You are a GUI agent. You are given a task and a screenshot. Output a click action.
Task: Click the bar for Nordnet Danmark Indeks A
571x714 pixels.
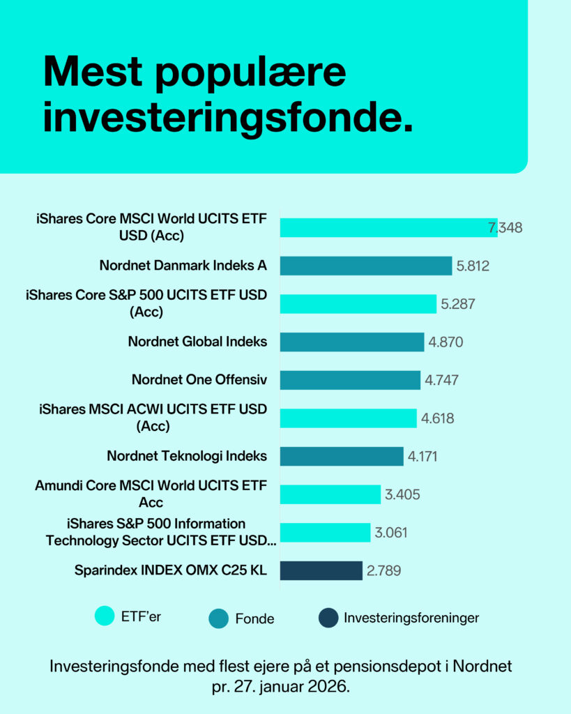(x=366, y=266)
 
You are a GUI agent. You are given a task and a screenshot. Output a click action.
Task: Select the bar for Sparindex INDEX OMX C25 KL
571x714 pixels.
(x=321, y=570)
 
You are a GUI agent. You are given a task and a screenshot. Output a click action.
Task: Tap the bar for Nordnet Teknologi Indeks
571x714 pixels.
(x=342, y=456)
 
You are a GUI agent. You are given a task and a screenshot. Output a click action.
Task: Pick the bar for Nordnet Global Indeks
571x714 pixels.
(x=352, y=342)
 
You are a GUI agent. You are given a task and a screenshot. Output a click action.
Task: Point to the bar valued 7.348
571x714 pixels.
(x=389, y=228)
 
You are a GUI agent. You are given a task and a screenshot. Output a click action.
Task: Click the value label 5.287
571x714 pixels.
(x=457, y=304)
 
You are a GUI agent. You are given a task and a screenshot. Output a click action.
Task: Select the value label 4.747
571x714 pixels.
(x=441, y=380)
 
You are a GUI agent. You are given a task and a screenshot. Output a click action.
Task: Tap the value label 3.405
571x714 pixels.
(x=402, y=494)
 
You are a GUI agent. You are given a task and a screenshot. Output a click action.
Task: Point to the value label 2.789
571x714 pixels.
(x=383, y=570)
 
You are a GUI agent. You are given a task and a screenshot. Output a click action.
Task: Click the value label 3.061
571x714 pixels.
(x=390, y=533)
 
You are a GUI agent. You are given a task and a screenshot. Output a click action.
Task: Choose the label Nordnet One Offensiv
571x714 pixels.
(x=199, y=380)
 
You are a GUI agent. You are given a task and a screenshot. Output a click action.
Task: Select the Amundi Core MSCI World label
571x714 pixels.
(x=151, y=494)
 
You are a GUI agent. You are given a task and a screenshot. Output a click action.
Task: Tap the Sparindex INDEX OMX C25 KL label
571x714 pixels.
(x=170, y=570)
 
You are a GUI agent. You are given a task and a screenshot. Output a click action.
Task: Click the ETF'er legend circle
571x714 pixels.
(x=105, y=616)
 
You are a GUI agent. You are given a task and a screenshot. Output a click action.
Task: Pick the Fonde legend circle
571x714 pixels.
(x=218, y=618)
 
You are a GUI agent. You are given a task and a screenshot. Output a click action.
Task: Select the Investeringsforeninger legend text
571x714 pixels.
(x=411, y=618)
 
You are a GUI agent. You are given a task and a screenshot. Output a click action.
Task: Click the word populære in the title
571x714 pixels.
(x=250, y=73)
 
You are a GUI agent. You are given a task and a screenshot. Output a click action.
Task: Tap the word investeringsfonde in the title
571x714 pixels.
(x=228, y=117)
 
